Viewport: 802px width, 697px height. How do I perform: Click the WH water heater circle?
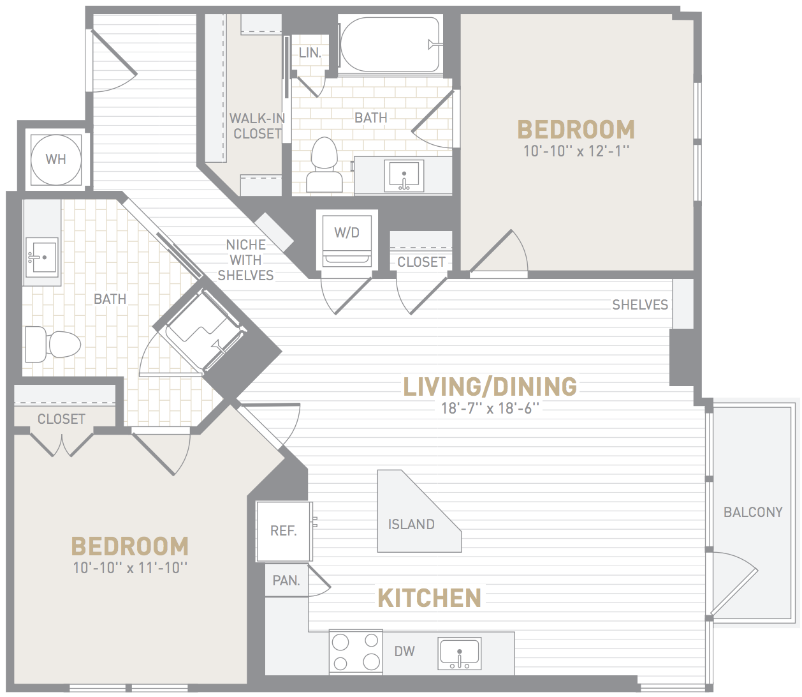[55, 160]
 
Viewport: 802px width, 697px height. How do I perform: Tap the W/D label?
[347, 232]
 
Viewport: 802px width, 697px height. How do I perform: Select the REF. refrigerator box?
[284, 532]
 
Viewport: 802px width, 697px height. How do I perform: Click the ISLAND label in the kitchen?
[411, 524]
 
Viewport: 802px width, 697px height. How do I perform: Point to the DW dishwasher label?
[405, 651]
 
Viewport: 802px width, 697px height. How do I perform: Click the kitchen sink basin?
[460, 653]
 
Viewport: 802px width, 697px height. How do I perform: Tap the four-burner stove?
[356, 652]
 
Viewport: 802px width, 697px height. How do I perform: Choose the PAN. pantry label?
[286, 580]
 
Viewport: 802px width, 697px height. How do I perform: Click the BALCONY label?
[753, 512]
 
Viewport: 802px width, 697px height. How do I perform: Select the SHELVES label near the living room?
[640, 304]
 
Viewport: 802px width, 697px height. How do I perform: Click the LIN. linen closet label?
[310, 53]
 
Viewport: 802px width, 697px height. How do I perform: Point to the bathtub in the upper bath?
[390, 44]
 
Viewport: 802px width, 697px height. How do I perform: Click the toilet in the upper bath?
[324, 165]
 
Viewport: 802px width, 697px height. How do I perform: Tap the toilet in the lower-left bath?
[53, 345]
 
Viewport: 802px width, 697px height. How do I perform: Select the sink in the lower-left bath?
[42, 257]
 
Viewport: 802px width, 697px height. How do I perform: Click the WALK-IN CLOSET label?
[257, 126]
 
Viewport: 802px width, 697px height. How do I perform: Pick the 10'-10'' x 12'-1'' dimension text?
[576, 151]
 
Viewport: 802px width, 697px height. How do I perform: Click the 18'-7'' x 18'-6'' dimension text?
[490, 408]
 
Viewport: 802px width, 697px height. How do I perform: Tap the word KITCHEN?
[429, 597]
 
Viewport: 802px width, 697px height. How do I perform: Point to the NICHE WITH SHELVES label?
[246, 260]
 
